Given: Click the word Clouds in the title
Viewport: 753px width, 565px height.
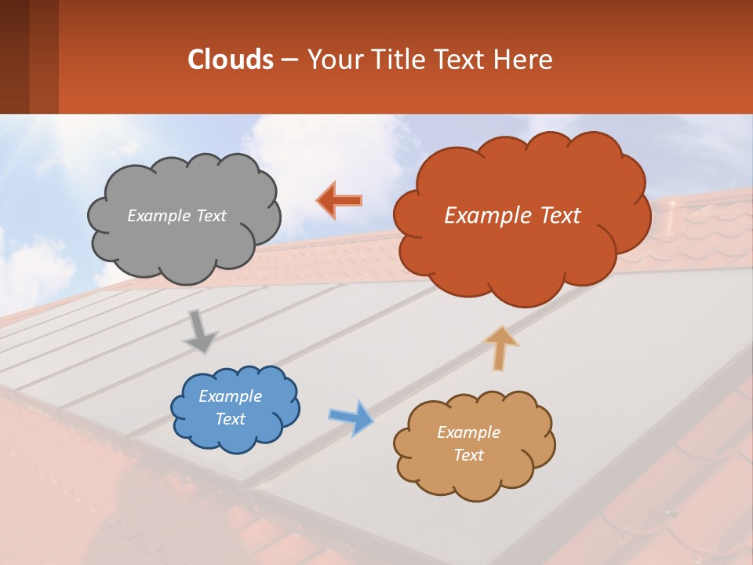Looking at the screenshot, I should (230, 60).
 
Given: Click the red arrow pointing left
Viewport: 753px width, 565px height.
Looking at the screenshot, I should (340, 200).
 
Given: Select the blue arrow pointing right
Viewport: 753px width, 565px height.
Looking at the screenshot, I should (351, 417).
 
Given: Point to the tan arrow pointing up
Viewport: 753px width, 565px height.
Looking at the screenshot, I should (501, 348).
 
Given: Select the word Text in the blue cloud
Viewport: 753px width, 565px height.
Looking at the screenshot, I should (231, 419).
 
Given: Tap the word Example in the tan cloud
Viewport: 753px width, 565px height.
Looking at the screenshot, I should (468, 432).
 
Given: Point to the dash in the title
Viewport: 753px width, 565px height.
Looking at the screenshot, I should (289, 60).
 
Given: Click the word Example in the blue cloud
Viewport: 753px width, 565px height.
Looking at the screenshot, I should (231, 396).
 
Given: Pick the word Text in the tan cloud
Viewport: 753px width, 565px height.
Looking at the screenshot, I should (468, 455).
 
